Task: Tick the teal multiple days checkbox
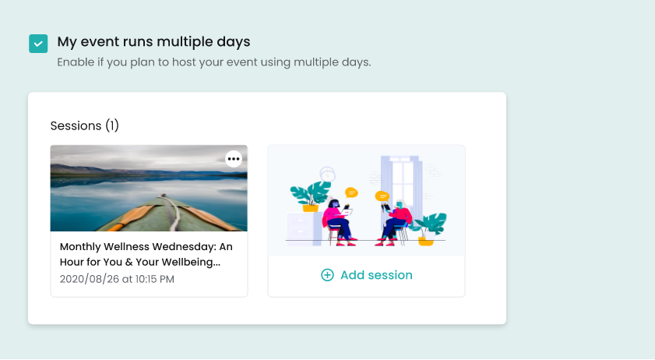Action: [38, 44]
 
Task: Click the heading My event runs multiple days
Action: [153, 42]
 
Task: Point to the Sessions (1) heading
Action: [84, 125]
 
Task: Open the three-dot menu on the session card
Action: [234, 159]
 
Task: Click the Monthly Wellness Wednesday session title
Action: [146, 254]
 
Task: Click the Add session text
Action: [376, 275]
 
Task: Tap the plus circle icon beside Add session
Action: [327, 275]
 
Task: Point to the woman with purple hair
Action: [339, 222]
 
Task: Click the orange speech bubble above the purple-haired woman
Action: [351, 192]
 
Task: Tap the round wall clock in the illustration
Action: [327, 175]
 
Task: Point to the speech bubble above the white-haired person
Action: [382, 196]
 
